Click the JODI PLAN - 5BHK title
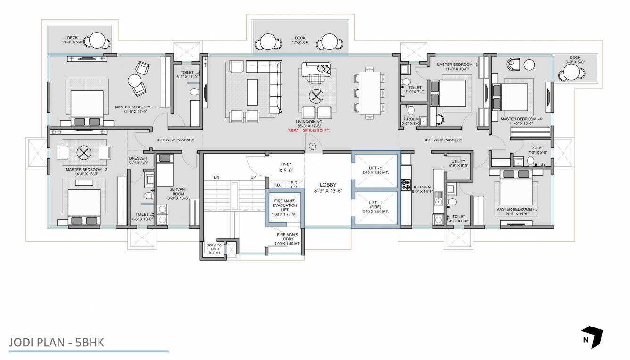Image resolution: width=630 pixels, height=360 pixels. coord(56,342)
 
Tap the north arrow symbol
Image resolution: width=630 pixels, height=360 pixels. coord(592,337)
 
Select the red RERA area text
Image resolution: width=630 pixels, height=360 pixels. coord(309,130)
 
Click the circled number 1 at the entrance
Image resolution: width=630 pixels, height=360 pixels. coord(312,147)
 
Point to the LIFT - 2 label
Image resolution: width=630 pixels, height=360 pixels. coord(376,170)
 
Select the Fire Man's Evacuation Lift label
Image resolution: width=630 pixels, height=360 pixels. coord(285,207)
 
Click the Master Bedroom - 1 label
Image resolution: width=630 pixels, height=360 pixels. coord(135,109)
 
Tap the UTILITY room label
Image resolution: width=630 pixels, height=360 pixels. coord(458,164)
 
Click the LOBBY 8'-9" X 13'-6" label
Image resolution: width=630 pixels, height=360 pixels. coord(328,188)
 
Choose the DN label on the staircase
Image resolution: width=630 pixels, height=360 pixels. coord(216,177)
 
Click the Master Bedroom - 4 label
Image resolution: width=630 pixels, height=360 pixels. coord(521,121)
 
